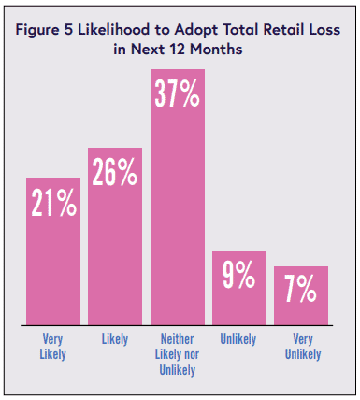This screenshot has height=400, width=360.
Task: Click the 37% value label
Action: click(177, 93)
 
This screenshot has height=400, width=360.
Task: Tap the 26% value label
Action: click(115, 172)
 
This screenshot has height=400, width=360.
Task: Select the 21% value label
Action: click(53, 203)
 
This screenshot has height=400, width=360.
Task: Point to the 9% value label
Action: click(238, 275)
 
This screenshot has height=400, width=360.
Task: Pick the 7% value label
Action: click(301, 290)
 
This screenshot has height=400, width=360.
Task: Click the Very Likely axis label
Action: click(52, 347)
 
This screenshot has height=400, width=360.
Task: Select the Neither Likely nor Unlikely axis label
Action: click(177, 354)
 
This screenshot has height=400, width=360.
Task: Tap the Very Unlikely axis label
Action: click(303, 347)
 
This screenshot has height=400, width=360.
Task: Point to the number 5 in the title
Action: click(68, 30)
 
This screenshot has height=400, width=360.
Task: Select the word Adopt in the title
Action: click(195, 31)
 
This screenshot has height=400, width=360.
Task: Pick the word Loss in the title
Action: click(324, 30)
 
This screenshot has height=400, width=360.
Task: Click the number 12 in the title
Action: click(178, 50)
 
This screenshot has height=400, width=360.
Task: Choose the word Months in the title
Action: click(216, 50)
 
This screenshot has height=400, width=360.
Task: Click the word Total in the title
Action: click(240, 30)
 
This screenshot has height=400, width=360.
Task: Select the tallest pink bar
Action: click(178, 197)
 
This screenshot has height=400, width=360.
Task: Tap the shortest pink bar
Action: click(301, 296)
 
